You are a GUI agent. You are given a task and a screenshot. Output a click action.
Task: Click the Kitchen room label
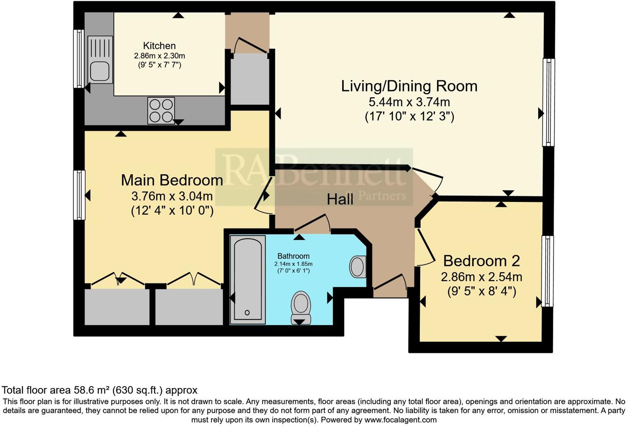[x=159, y=46]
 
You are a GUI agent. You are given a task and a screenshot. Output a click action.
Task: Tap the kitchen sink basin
[x=100, y=71]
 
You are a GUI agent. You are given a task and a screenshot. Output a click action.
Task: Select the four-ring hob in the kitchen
[x=161, y=110]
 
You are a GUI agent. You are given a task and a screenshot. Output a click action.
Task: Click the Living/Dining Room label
[x=409, y=86]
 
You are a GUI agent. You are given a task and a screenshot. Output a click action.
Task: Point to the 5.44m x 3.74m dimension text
[x=409, y=102]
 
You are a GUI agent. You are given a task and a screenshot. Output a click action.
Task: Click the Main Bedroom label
[x=172, y=180]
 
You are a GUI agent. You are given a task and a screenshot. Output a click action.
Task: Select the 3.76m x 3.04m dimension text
[x=172, y=196]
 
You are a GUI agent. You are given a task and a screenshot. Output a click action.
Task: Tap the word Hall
[x=340, y=199]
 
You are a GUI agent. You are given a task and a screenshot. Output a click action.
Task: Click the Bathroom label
[x=293, y=256]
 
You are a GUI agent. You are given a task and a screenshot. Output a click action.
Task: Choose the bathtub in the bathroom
[x=247, y=280]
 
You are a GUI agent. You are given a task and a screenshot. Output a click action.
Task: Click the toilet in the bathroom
[x=301, y=307]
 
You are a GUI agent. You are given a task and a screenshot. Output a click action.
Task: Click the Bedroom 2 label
[x=481, y=261]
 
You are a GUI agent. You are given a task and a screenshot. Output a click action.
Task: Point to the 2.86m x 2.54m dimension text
[x=481, y=276]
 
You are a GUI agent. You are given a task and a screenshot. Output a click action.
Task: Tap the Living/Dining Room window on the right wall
[x=548, y=102]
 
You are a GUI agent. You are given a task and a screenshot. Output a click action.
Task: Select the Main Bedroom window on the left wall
[x=79, y=195]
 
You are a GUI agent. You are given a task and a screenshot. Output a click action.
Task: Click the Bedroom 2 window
[x=547, y=271]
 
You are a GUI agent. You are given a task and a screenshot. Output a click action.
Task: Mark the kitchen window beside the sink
[x=78, y=58]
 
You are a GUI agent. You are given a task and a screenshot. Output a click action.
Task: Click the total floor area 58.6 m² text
[x=100, y=390]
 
